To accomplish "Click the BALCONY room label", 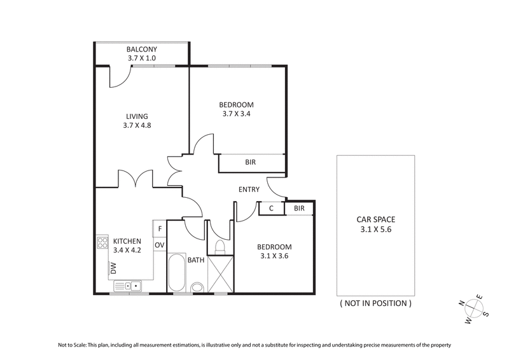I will (141, 49).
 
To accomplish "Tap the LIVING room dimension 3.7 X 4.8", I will (137, 125).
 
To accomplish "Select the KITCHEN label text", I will (128, 241).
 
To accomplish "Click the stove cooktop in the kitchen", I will (102, 242).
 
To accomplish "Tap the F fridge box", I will (160, 228).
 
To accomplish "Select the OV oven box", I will (160, 244).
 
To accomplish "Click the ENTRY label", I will (249, 190).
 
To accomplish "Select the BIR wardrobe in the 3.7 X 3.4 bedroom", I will (251, 163).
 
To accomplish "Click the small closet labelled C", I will (271, 208).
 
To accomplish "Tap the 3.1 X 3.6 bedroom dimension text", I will (274, 256).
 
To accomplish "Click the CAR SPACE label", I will (375, 219).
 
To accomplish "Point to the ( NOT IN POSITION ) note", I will (375, 303).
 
